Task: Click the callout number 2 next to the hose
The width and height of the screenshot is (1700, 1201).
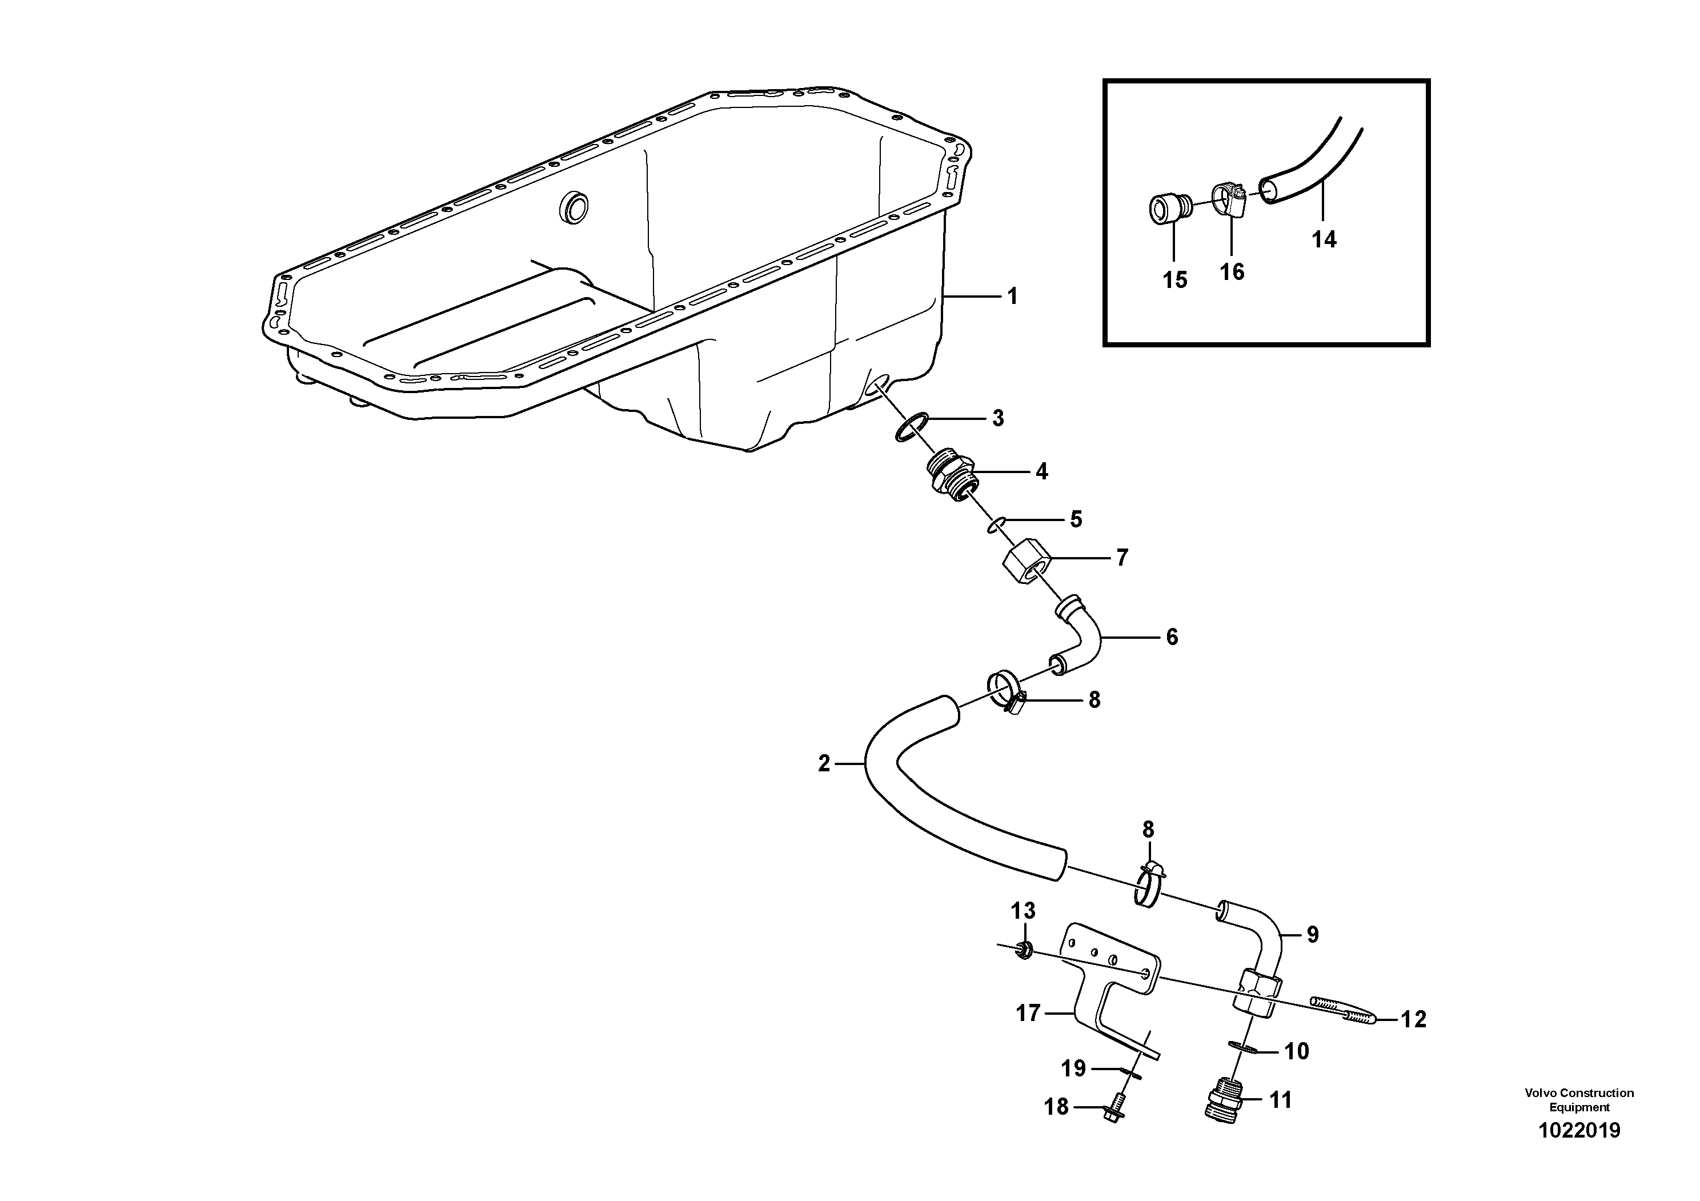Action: tap(824, 763)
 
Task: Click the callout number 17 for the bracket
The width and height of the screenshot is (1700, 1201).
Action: tap(1028, 1012)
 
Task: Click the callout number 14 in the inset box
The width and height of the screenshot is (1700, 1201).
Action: tap(1324, 239)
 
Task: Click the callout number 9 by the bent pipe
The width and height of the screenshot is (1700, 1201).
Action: tap(1312, 934)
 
